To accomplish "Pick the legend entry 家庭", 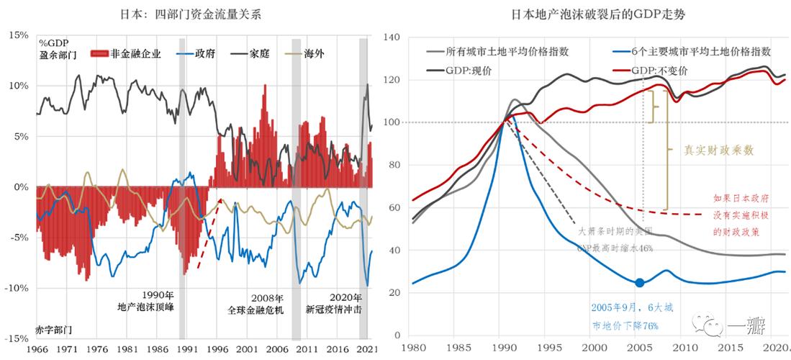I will (x=258, y=54).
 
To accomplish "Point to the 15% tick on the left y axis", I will (x=18, y=35).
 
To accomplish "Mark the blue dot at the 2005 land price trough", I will (x=639, y=282).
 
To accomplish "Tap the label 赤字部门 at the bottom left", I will (x=53, y=328).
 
